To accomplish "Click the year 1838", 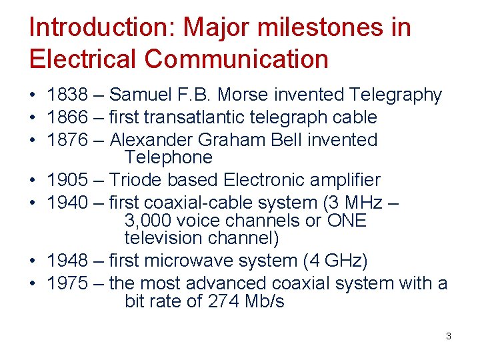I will pos(67,95).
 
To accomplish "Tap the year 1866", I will pos(67,118).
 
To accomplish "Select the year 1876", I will pos(67,141).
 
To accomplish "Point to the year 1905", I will pos(67,181).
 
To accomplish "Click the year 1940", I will pos(67,203).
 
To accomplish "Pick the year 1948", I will pos(67,261).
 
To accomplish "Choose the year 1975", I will pos(67,283).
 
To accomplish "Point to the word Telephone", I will pos(168,158).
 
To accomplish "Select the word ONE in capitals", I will pos(347,221).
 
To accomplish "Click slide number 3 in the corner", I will pos(448,336).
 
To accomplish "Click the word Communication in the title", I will pos(236,59).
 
